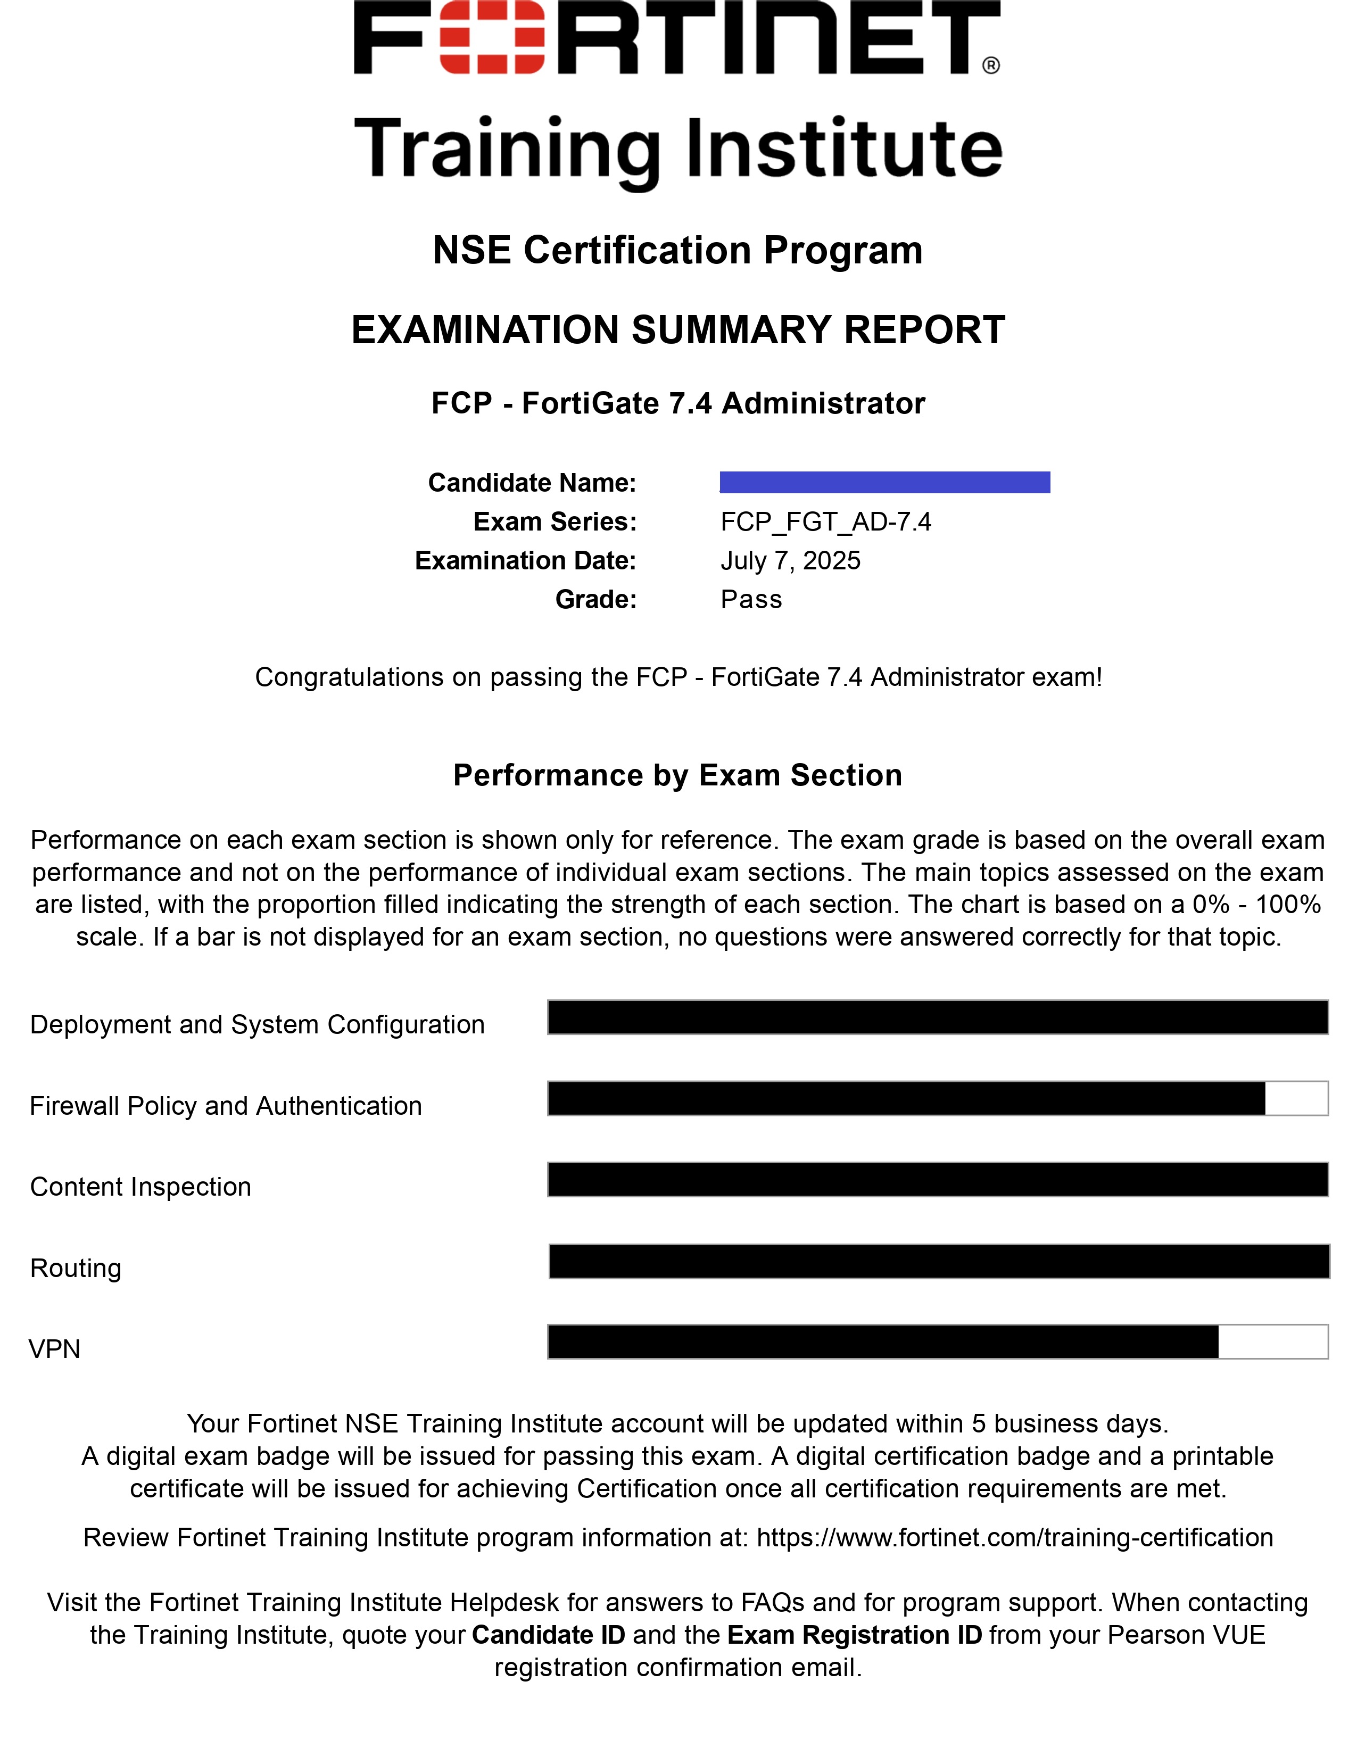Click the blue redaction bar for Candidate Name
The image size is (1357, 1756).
point(884,483)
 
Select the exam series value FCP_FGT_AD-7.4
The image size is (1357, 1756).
point(825,522)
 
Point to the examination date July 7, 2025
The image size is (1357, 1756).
point(790,560)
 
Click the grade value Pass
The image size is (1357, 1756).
point(751,599)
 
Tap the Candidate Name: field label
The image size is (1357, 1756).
point(532,483)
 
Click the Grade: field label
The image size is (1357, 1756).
point(595,599)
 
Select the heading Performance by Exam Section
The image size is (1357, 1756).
point(677,775)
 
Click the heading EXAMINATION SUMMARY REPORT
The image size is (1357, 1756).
point(677,330)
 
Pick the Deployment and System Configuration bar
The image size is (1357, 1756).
point(937,1017)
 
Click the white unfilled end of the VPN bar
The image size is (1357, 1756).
point(1272,1342)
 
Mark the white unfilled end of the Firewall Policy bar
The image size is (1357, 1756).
point(1296,1098)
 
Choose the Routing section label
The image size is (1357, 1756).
point(76,1268)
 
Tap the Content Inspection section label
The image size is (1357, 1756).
point(140,1187)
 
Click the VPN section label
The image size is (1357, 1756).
point(55,1348)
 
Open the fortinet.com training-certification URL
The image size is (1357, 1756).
point(1014,1537)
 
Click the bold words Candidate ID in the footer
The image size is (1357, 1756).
point(548,1635)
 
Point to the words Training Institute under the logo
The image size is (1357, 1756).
point(677,149)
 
